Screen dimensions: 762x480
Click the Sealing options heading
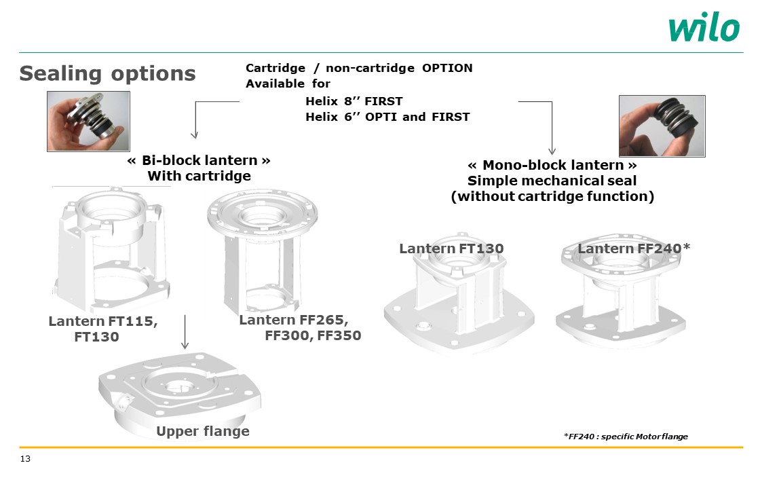pos(107,74)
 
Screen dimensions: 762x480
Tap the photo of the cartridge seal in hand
pos(88,121)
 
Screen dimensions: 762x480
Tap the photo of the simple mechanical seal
pos(662,126)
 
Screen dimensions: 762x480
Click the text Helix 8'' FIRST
pos(354,101)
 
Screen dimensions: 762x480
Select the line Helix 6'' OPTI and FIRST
pos(387,117)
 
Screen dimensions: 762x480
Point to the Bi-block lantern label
pos(199,160)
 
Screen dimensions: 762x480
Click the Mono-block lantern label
pos(552,165)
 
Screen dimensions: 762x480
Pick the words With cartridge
pos(199,176)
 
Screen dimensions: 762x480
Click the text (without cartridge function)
pos(552,196)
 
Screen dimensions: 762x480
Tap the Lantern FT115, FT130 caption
pos(103,329)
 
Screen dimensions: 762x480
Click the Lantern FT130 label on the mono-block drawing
pos(451,248)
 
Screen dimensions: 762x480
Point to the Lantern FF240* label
pos(634,248)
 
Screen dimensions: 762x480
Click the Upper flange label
pos(203,431)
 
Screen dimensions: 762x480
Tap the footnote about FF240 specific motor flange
pos(626,437)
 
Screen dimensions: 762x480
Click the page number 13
pos(25,458)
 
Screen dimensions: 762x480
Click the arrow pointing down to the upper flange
pos(185,332)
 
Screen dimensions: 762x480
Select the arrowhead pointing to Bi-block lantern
pos(194,134)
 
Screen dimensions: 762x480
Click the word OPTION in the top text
pos(447,68)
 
